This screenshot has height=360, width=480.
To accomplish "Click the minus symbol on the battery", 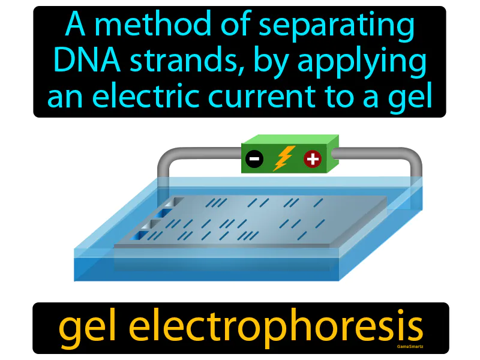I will click(254, 159).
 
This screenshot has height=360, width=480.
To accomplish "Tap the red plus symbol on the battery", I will click(313, 159).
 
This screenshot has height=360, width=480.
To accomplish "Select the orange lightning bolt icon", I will click(283, 158).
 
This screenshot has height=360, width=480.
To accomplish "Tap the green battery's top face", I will click(291, 139).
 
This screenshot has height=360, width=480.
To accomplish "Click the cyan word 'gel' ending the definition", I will click(410, 97).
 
